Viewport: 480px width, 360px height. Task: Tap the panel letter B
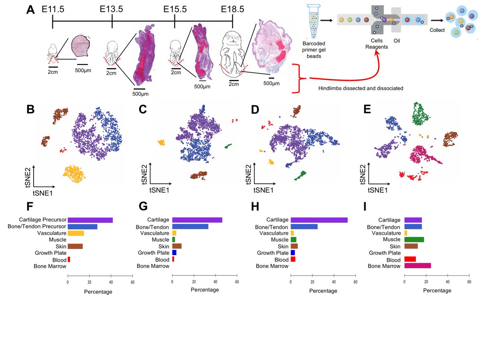tap(30, 109)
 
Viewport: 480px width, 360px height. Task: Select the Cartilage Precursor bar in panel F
tap(90, 220)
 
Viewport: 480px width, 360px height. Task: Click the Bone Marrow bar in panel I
tap(418, 266)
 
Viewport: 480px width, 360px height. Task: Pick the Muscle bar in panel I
tap(414, 240)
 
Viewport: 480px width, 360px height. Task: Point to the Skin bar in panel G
tap(177, 246)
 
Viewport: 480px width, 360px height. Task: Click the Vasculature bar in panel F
tap(76, 233)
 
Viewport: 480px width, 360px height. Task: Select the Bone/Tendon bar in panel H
tap(304, 227)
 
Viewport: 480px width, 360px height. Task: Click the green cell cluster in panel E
tap(420, 113)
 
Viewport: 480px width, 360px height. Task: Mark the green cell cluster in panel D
tap(300, 175)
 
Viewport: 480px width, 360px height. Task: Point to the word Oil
tap(398, 40)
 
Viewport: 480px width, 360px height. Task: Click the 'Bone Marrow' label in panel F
tap(50, 266)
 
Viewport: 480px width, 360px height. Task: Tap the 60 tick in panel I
tap(469, 282)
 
